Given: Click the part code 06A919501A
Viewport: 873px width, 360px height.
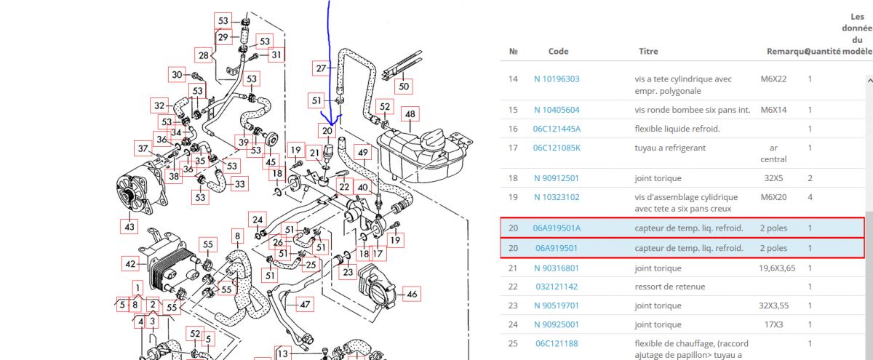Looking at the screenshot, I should coord(557,228).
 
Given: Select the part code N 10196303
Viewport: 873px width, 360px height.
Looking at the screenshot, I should coord(557,79).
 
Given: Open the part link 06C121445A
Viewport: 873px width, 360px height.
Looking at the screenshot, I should coord(557,129).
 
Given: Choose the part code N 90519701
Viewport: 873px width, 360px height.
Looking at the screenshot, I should coord(557,306).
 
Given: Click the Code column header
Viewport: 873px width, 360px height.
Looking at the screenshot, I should coord(558,52).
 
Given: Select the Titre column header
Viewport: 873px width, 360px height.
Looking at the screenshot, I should coord(648,52).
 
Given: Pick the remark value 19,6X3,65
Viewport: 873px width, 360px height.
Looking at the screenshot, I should coord(782,268).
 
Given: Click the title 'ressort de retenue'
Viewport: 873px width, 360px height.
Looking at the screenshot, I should coord(670,287).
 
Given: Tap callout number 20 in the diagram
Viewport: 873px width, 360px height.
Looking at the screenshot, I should coord(327,132).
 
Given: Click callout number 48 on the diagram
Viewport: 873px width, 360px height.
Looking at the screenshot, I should coord(410,114).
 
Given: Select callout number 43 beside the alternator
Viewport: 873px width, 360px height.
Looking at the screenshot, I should coord(129,228).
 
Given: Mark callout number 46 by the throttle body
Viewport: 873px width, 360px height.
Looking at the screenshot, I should coord(412,294).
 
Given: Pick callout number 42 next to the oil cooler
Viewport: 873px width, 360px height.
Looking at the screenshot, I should coord(131,263).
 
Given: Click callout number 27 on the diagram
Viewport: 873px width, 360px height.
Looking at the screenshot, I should coord(322,68).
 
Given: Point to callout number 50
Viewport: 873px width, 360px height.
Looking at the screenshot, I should coord(404,87).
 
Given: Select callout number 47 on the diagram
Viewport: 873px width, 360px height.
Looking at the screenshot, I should coord(305,305).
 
